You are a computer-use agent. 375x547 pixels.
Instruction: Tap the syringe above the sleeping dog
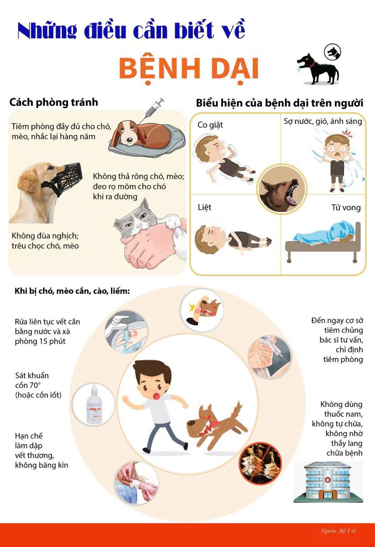(x=152, y=110)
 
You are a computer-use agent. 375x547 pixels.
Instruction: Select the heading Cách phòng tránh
(x=53, y=103)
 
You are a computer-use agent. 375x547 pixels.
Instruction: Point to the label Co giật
(x=210, y=125)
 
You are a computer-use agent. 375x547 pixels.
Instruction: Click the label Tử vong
(x=346, y=207)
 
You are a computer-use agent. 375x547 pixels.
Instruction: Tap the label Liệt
(x=204, y=207)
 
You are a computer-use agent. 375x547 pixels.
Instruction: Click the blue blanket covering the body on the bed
(x=325, y=232)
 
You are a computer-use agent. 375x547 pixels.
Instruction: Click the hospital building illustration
(x=328, y=482)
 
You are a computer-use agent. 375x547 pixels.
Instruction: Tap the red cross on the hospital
(x=328, y=480)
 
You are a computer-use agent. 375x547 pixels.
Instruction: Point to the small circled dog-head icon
(x=332, y=52)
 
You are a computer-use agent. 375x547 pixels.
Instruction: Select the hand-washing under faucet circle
(x=126, y=332)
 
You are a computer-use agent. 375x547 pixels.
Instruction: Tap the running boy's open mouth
(x=156, y=396)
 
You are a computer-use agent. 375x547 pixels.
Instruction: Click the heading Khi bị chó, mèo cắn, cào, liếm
(x=72, y=291)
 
